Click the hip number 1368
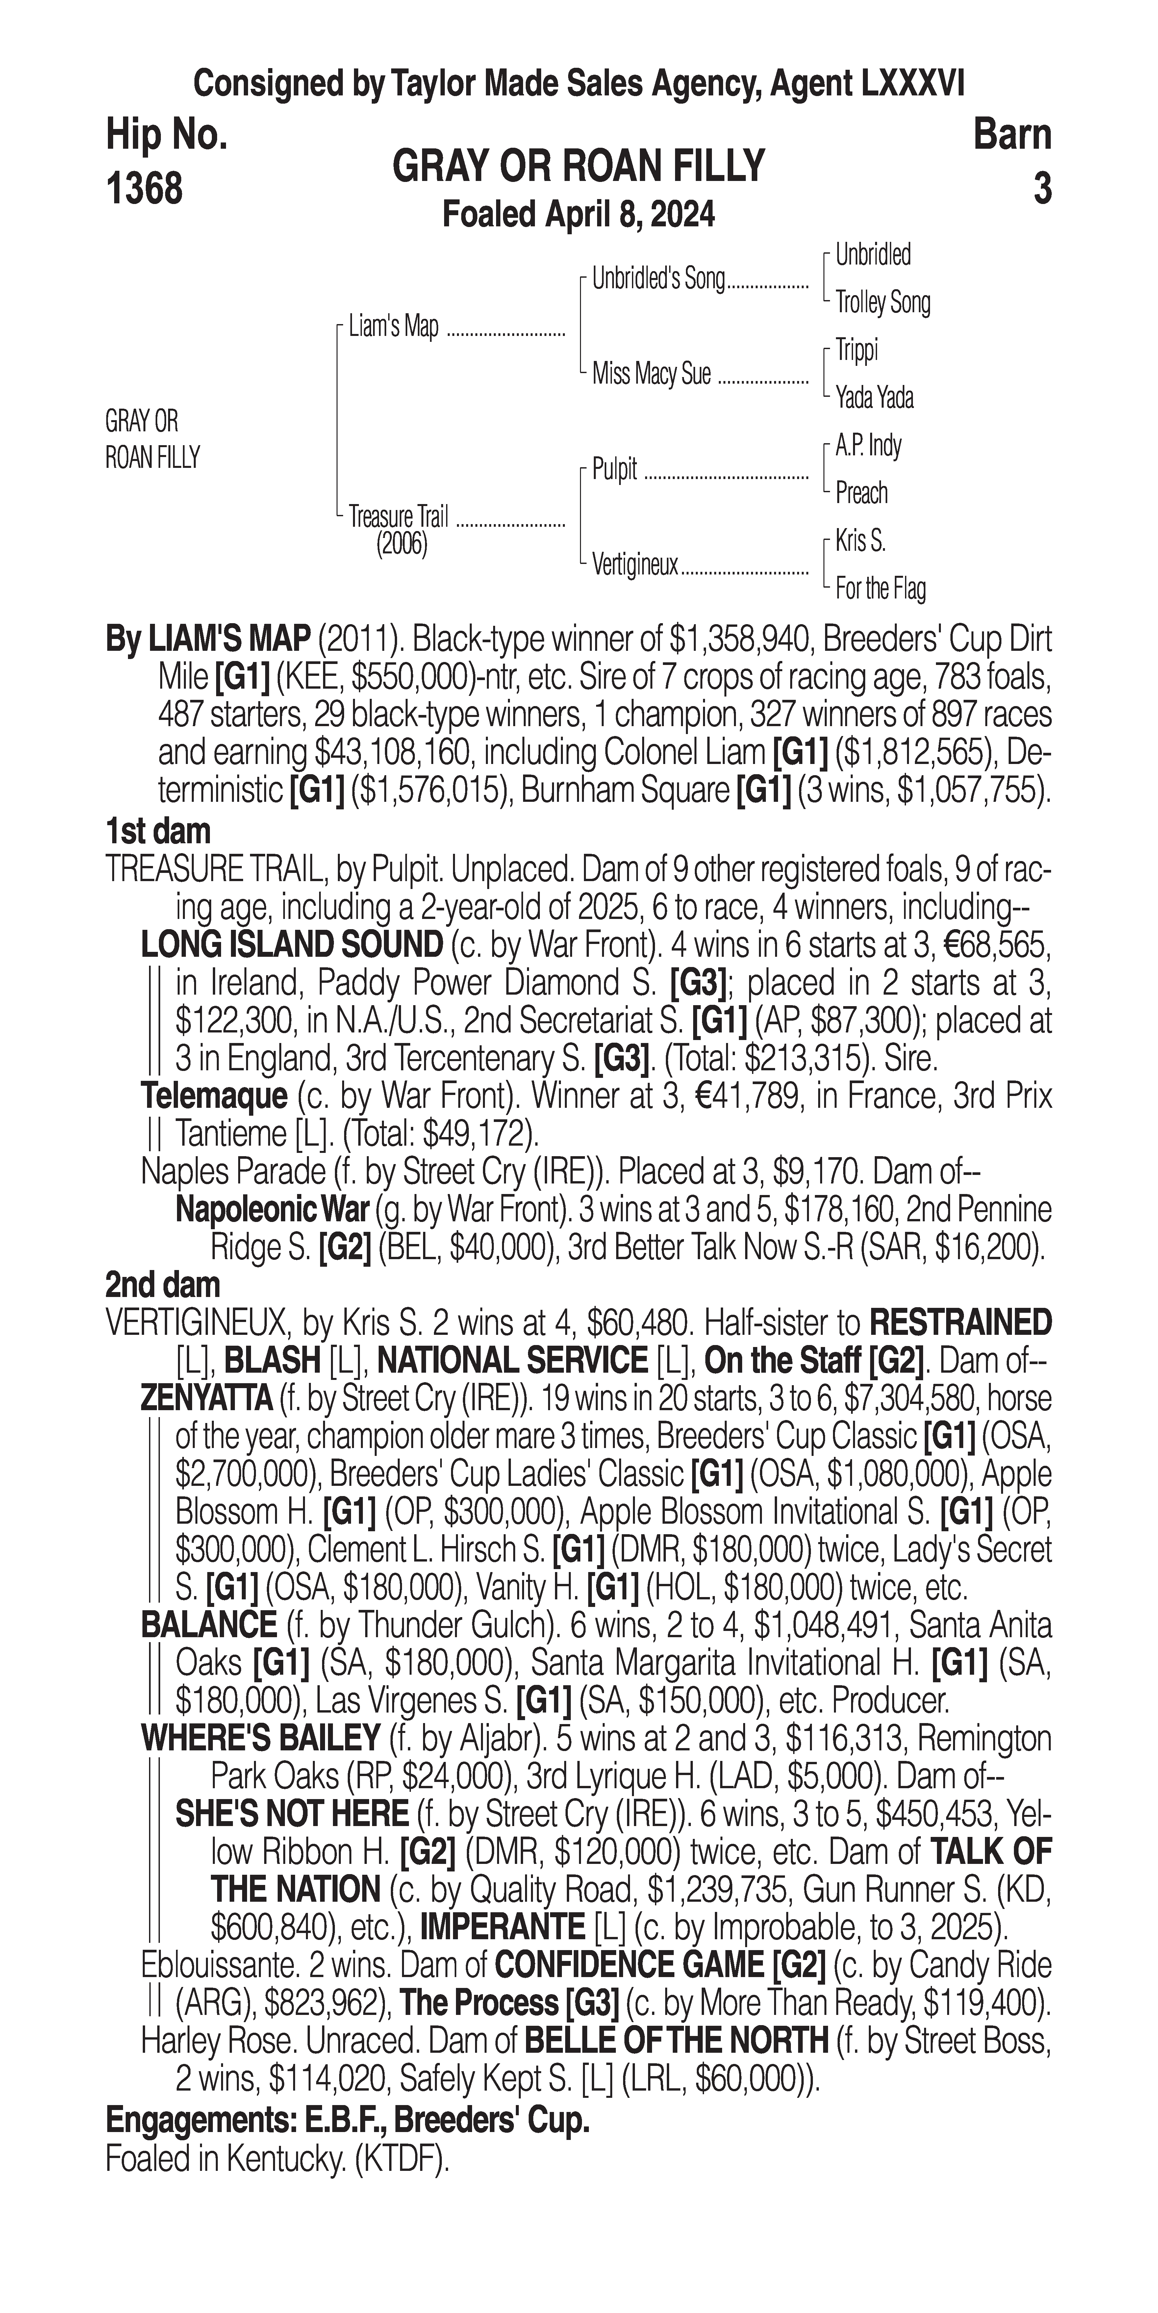[x=144, y=190]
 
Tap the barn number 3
[x=1041, y=190]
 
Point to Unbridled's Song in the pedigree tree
[x=658, y=279]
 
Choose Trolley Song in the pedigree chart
[x=882, y=303]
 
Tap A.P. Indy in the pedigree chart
[x=868, y=445]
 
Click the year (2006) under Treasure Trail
[x=401, y=545]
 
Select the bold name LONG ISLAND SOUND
[x=292, y=945]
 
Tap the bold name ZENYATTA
[x=207, y=1398]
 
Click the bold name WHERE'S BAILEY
[x=260, y=1739]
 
